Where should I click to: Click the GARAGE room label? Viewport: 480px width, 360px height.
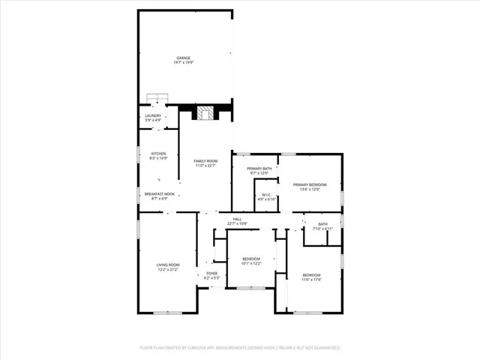(x=183, y=58)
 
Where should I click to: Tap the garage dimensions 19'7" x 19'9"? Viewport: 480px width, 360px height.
(x=183, y=63)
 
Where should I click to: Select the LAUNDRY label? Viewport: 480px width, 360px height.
(x=153, y=115)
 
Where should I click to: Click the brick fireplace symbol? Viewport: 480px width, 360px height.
(x=205, y=113)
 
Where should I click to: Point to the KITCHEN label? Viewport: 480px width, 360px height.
(x=157, y=154)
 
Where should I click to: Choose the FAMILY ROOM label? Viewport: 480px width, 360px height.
(x=205, y=161)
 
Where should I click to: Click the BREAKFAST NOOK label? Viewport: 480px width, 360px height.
(x=159, y=194)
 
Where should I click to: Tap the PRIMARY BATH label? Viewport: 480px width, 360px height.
(x=259, y=169)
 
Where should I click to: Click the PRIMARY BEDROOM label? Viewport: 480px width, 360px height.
(x=310, y=184)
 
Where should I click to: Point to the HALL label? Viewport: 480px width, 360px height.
(x=236, y=219)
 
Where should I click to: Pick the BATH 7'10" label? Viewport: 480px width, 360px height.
(x=322, y=224)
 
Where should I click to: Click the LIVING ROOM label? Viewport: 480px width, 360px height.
(x=168, y=265)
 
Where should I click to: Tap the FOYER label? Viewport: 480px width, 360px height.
(x=212, y=273)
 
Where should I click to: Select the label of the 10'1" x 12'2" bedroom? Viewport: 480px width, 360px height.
(x=251, y=258)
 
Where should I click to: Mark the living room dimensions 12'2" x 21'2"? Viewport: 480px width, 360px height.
(x=168, y=270)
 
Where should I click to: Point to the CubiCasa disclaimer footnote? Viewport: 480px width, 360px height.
(x=240, y=348)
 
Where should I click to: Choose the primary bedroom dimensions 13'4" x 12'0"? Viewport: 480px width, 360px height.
(x=310, y=190)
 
